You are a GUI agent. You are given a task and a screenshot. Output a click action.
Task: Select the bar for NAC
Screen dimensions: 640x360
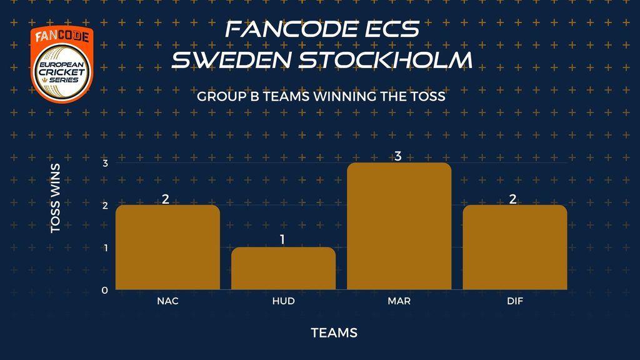pos(167,247)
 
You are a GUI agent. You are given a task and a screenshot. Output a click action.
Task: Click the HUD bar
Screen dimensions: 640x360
pos(283,269)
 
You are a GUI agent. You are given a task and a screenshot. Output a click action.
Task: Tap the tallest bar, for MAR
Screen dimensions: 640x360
pos(399,226)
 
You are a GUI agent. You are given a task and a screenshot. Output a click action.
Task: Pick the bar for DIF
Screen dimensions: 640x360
pos(515,247)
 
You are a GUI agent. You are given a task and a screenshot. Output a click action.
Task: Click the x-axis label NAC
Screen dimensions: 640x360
pos(167,301)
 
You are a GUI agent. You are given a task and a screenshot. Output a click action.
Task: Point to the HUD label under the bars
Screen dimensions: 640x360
pos(283,301)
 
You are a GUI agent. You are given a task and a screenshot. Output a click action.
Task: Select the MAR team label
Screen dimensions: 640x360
pos(399,301)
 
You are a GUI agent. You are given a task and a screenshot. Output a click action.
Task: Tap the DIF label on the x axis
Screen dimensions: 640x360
pos(515,301)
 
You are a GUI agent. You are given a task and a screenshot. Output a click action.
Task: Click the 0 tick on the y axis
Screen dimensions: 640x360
pos(105,290)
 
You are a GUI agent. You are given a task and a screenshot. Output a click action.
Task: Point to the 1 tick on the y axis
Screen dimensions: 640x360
pos(106,247)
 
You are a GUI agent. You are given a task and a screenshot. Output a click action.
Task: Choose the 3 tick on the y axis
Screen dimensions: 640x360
pos(105,163)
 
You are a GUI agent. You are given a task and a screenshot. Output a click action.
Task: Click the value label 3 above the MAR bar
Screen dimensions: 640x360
pos(398,156)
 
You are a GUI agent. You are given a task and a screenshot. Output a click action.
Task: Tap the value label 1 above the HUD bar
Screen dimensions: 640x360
pos(282,240)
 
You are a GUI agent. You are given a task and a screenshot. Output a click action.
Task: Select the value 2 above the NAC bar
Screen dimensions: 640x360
pos(165,199)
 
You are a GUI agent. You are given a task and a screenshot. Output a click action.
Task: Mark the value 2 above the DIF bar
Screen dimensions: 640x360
pos(513,199)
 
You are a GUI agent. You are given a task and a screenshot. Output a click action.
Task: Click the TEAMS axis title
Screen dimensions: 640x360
pos(334,332)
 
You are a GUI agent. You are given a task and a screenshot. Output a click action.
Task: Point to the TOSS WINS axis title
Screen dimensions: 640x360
pos(56,198)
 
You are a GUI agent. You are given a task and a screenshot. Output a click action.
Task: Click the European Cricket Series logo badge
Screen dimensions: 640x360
pos(62,64)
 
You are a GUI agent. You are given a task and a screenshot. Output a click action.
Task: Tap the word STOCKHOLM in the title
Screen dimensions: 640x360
pos(386,59)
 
